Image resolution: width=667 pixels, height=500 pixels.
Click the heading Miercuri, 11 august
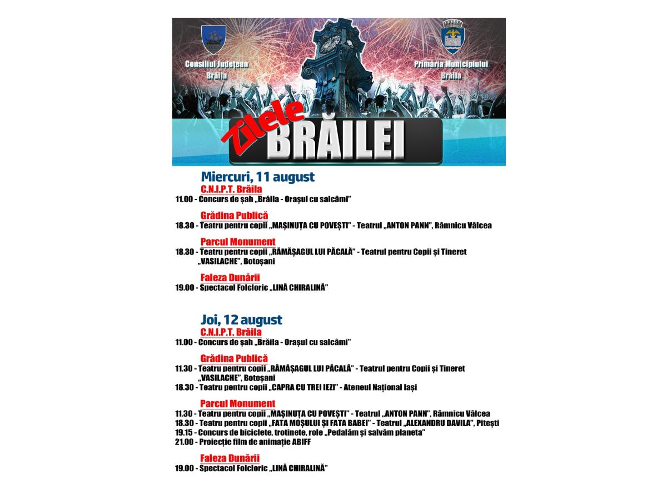257,177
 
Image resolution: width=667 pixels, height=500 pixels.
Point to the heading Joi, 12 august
241,320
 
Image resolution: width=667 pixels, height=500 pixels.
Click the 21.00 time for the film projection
184,442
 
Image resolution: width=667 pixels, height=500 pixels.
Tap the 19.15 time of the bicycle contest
184,433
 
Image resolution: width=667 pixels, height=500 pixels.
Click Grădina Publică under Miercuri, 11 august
234,216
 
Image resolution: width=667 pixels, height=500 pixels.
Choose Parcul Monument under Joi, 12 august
237,404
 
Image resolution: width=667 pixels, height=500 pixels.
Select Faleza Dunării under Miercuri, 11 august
230,278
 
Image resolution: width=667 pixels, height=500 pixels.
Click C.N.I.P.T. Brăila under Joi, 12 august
231,333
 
